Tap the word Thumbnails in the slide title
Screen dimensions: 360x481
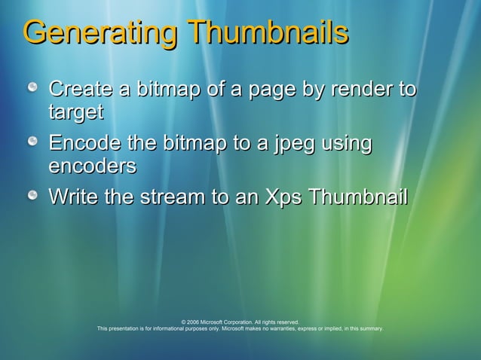[x=268, y=34]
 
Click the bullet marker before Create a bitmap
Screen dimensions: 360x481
[x=34, y=90]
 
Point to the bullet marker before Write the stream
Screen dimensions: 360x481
[x=34, y=197]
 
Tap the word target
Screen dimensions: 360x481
[x=75, y=112]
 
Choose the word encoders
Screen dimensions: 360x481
[x=92, y=166]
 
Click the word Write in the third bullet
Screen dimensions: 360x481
[x=70, y=197]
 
